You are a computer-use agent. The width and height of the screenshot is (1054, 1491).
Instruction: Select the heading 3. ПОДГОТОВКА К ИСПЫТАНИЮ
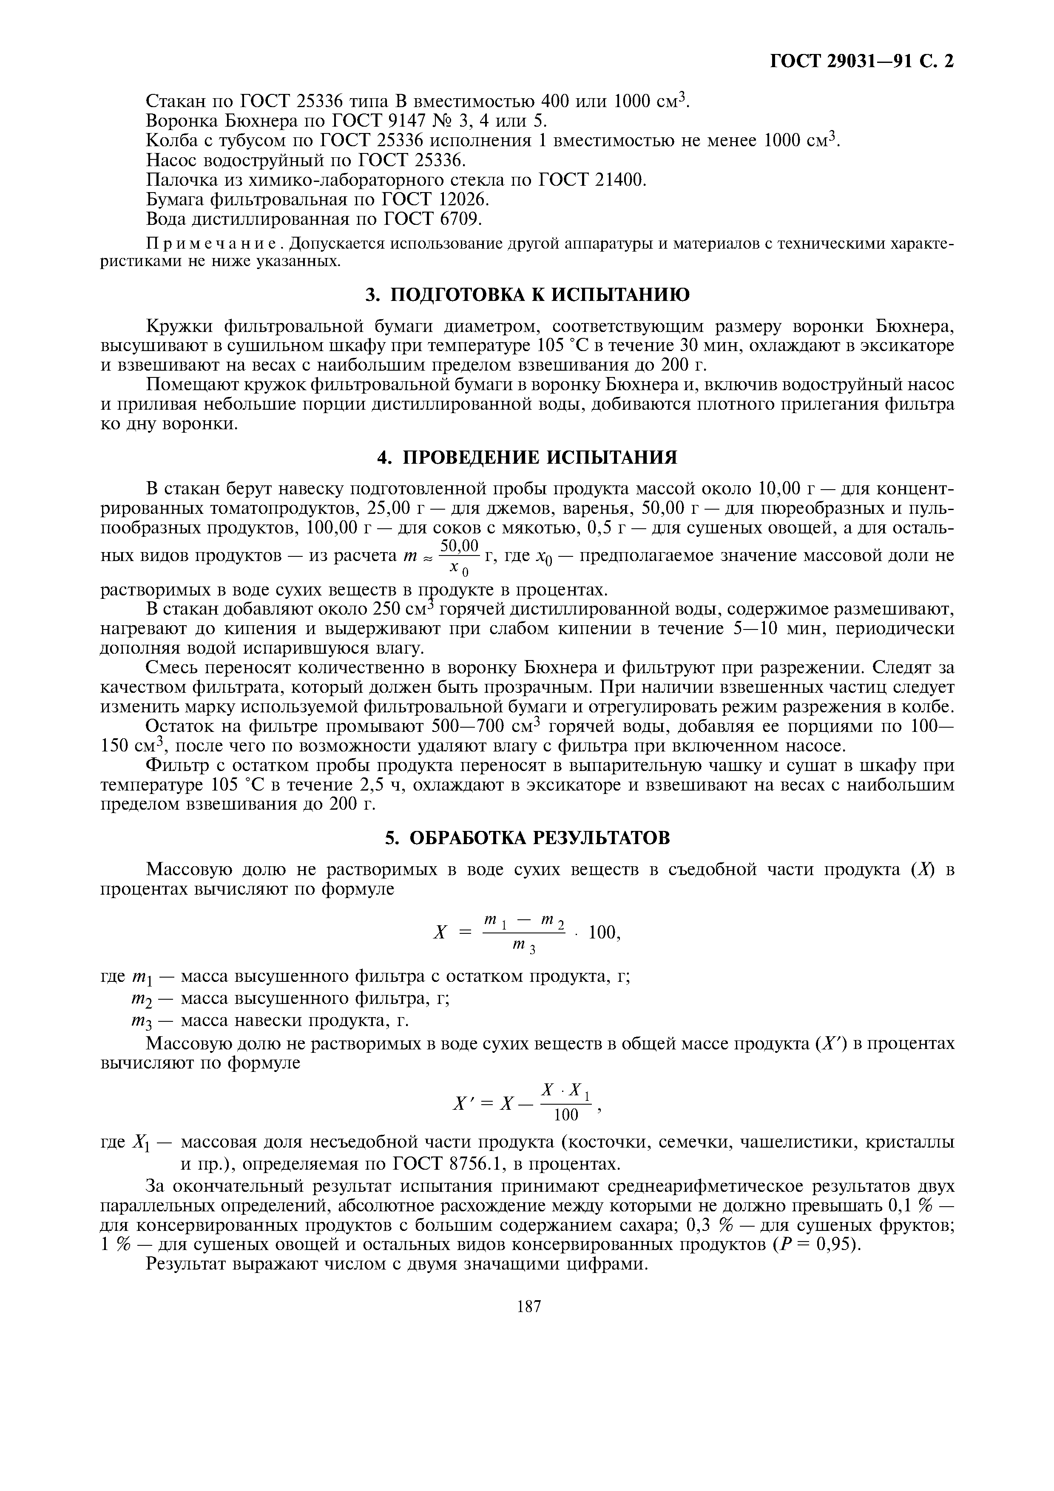point(527,295)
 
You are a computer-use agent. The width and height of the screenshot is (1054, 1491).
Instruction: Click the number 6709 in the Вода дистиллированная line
point(460,219)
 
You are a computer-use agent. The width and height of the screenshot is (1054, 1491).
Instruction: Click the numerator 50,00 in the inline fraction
point(459,544)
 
